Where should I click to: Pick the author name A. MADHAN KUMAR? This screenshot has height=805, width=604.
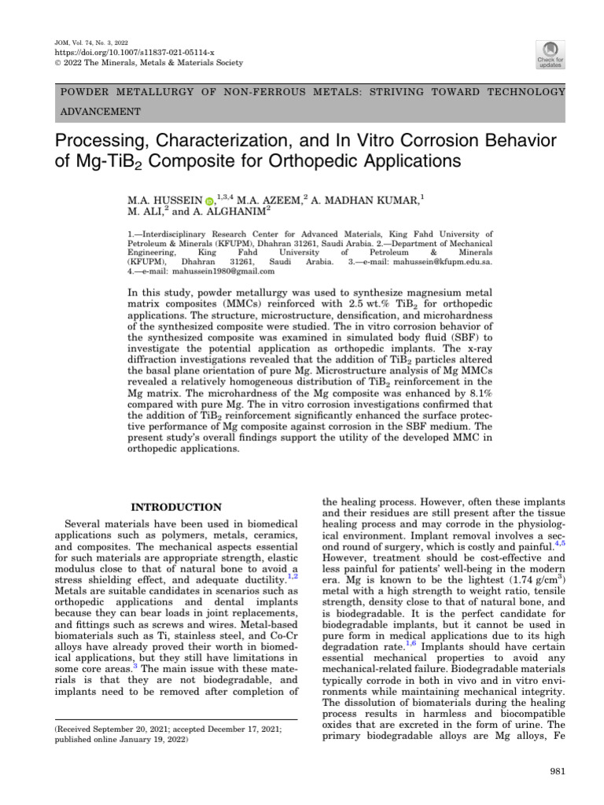click(x=366, y=201)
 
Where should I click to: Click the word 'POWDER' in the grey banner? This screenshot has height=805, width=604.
click(x=83, y=92)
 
